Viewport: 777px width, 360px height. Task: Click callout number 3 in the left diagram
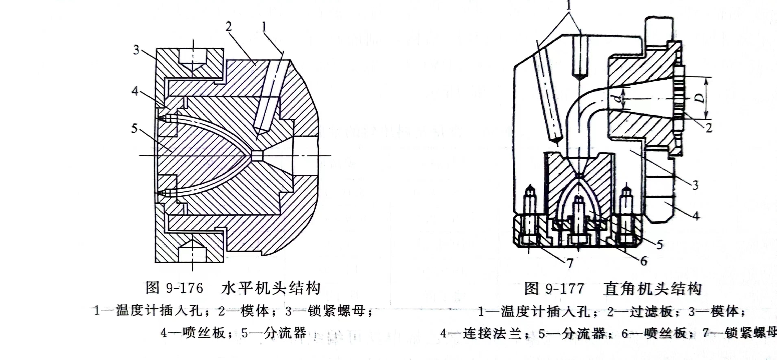pyautogui.click(x=136, y=50)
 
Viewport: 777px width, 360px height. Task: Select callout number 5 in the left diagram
pyautogui.click(x=134, y=129)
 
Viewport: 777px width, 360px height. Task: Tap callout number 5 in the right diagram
pyautogui.click(x=660, y=244)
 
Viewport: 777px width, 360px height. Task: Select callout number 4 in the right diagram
pyautogui.click(x=696, y=216)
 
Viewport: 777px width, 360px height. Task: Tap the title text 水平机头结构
pyautogui.click(x=271, y=288)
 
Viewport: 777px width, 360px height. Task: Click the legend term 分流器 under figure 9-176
pyautogui.click(x=285, y=333)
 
